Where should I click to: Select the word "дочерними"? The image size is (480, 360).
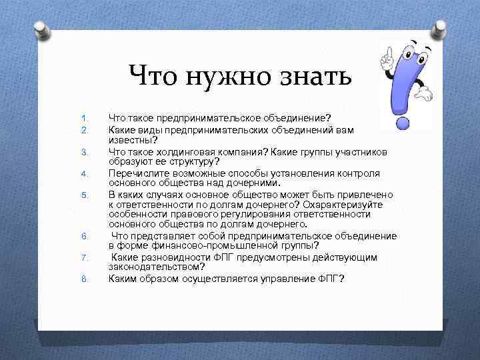point(256,183)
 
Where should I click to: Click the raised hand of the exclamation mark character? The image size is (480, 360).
point(386,58)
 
